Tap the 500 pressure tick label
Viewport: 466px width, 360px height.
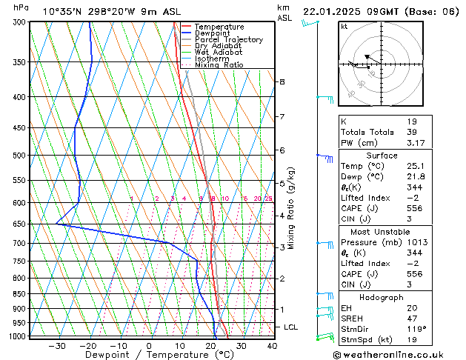pos(19,156)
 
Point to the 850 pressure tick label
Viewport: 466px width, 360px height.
pos(19,294)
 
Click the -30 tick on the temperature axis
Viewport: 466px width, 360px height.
pos(57,345)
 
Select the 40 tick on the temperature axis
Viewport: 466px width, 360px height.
pos(272,345)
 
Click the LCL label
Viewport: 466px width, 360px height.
pos(291,327)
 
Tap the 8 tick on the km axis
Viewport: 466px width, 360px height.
pos(282,81)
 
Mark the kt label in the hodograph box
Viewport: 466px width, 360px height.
pos(344,27)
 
